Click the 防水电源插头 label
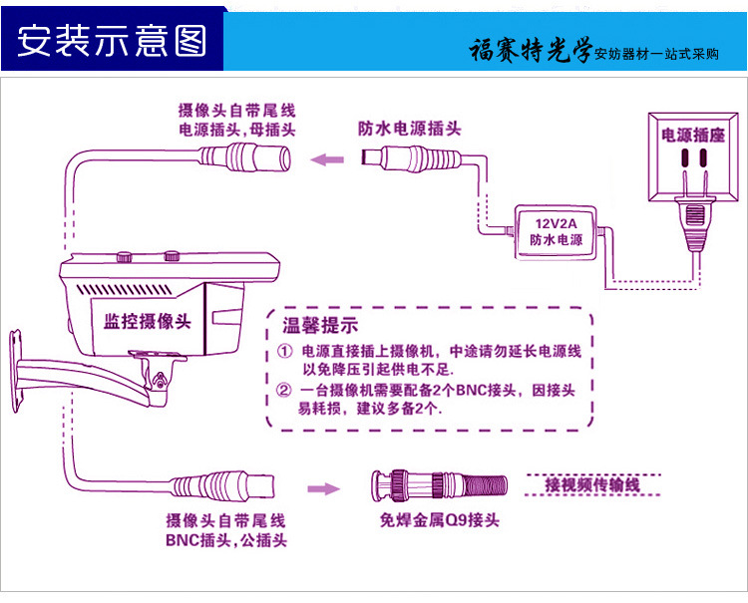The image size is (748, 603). tap(410, 129)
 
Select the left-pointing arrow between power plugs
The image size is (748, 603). tap(324, 157)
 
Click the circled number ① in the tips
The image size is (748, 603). tap(285, 351)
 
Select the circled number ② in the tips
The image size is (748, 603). tap(285, 390)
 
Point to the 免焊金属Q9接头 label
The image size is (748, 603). tap(439, 520)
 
